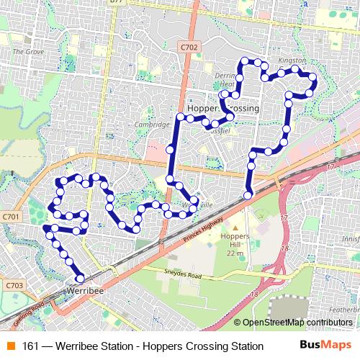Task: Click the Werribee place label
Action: [85, 290]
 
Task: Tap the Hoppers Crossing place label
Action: [222, 107]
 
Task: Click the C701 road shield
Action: [10, 216]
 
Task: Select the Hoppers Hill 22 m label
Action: [234, 244]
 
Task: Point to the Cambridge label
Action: [151, 123]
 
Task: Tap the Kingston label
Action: [292, 60]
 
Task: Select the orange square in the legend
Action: [11, 346]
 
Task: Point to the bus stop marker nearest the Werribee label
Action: [80, 278]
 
